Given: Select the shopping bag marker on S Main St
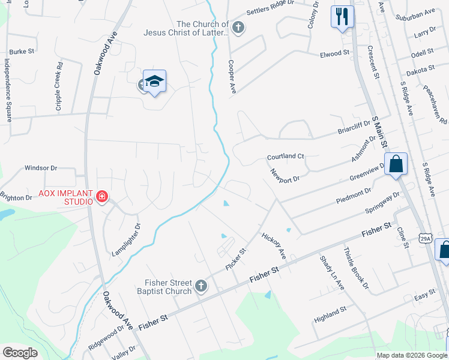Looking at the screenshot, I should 396,164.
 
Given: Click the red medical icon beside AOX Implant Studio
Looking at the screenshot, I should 102,197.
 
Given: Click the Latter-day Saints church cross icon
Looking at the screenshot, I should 238,28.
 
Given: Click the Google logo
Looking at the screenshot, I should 20,352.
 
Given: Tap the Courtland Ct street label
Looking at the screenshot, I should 286,156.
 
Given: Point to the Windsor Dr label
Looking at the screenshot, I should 40,169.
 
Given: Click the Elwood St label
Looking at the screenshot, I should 334,53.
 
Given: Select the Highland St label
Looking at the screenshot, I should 331,313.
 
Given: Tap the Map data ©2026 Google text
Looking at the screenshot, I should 411,355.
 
